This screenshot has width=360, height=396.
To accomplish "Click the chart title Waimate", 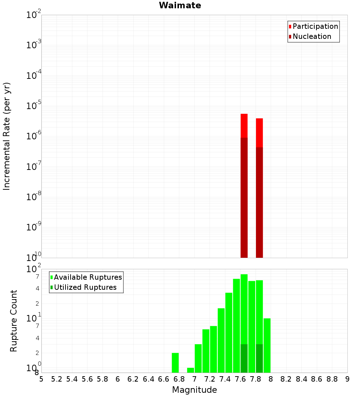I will (180, 5).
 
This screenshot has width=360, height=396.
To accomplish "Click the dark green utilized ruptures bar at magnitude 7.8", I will (259, 358).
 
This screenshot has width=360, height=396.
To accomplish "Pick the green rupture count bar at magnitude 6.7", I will (175, 363).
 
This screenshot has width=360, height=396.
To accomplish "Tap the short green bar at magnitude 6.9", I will (190, 370).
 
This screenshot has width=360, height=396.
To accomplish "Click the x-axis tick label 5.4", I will (72, 379).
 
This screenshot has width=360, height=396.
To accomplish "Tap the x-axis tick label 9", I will (347, 379).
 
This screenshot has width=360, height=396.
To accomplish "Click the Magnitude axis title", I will (194, 390).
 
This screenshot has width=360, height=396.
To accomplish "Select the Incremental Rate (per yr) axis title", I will (7, 136).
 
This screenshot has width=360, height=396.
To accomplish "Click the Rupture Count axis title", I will (14, 321).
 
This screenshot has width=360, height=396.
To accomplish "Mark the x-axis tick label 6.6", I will (164, 379).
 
